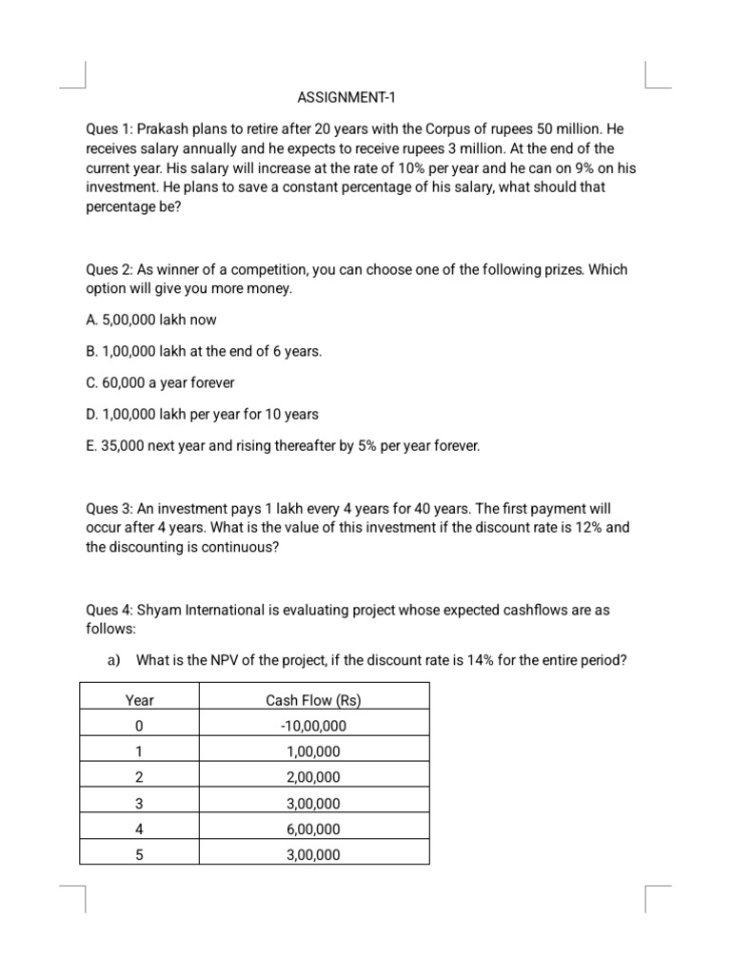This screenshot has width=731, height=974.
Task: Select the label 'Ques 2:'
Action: pyautogui.click(x=109, y=269)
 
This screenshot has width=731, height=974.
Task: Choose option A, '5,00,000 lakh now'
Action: pyautogui.click(x=151, y=321)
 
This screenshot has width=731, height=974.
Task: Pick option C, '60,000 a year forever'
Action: pyautogui.click(x=160, y=382)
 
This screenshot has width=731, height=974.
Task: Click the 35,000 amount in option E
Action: pyautogui.click(x=126, y=445)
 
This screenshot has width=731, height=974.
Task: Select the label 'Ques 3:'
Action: pyautogui.click(x=109, y=508)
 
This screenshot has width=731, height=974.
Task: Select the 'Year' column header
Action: pyautogui.click(x=140, y=701)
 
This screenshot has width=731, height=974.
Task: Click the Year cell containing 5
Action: pyautogui.click(x=140, y=855)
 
